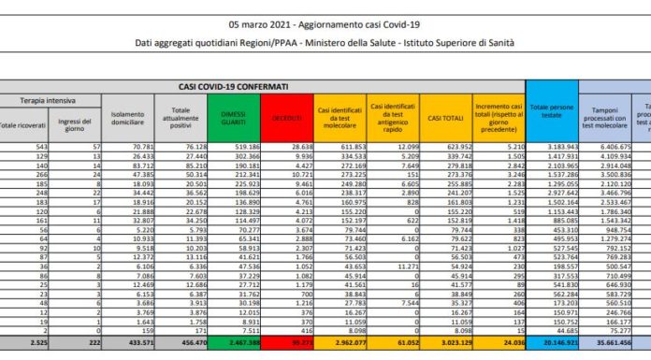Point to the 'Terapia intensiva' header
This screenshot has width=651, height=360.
(x=50, y=99)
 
